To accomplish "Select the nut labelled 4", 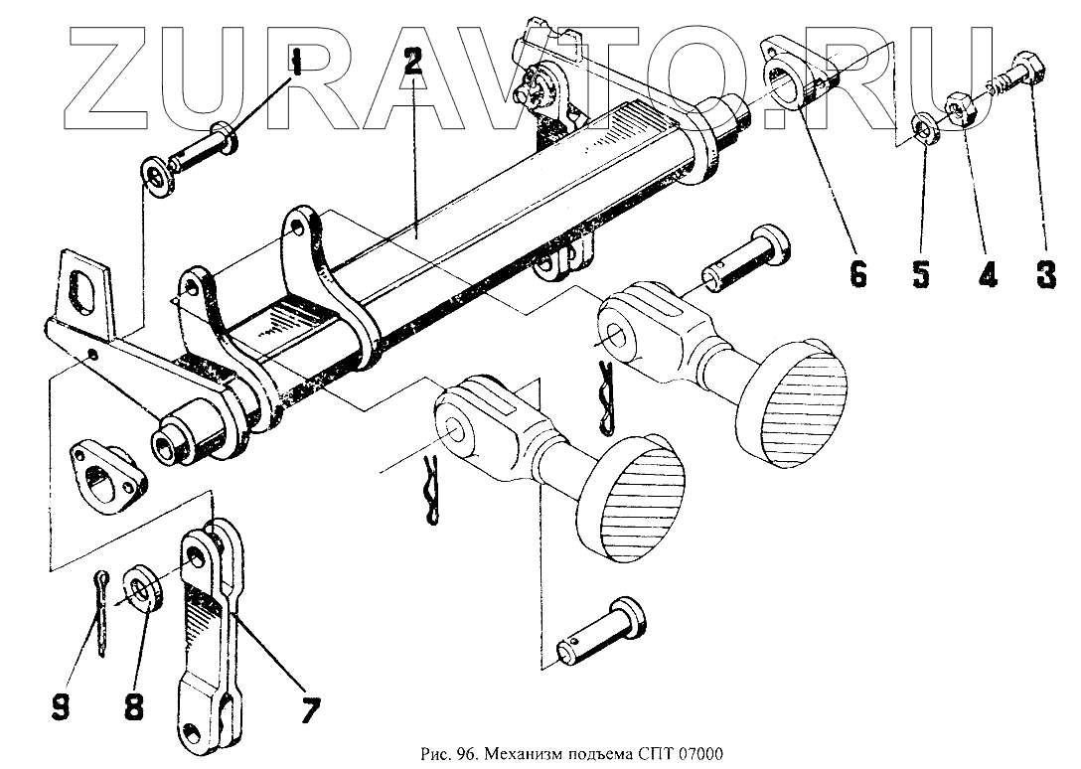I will pyautogui.click(x=962, y=106).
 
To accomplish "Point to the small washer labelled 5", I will pyautogui.click(x=928, y=129).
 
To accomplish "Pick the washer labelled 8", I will pyautogui.click(x=142, y=588).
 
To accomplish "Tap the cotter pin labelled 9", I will pyautogui.click(x=104, y=613).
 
